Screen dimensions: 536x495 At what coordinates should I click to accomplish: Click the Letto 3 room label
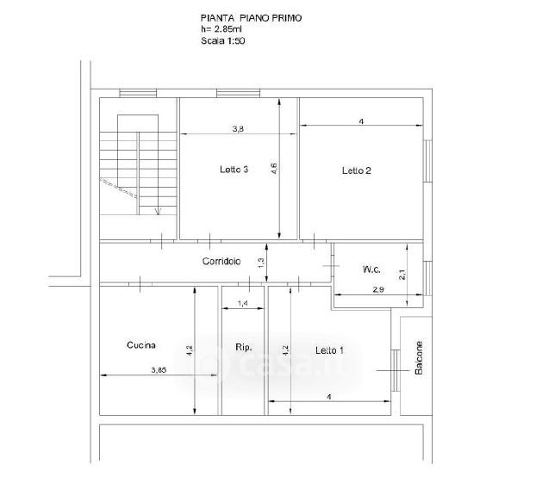point(234,170)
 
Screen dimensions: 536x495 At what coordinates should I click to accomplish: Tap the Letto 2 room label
point(356,170)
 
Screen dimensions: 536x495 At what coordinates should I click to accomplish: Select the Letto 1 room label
point(329,350)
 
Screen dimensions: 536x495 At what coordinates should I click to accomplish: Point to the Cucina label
point(141,345)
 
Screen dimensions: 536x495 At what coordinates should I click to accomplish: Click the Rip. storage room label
point(244,348)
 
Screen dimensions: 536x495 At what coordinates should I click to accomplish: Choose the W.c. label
point(371,269)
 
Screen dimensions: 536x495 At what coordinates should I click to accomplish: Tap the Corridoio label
point(221,261)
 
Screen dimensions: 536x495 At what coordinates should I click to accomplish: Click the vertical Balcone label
point(419,358)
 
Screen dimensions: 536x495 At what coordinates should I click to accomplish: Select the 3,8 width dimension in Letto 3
point(238,129)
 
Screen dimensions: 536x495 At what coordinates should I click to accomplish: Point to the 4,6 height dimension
point(274,169)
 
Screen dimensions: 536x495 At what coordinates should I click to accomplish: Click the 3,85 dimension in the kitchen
point(159,369)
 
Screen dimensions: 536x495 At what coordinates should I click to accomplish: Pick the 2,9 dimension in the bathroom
point(378,289)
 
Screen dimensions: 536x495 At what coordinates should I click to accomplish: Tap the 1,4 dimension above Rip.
point(243,303)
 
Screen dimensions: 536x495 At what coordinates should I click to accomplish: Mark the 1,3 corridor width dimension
point(261,263)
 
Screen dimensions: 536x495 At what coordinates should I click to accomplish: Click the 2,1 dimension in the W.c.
point(402,275)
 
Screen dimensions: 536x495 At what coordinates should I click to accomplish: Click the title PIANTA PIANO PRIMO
point(252,18)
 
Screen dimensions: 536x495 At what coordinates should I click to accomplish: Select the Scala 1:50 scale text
point(223,41)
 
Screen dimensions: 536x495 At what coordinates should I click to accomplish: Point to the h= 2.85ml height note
point(221,29)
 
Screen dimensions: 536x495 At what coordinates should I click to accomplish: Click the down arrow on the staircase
point(158,211)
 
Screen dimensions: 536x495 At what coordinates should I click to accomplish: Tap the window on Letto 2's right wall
point(427,161)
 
